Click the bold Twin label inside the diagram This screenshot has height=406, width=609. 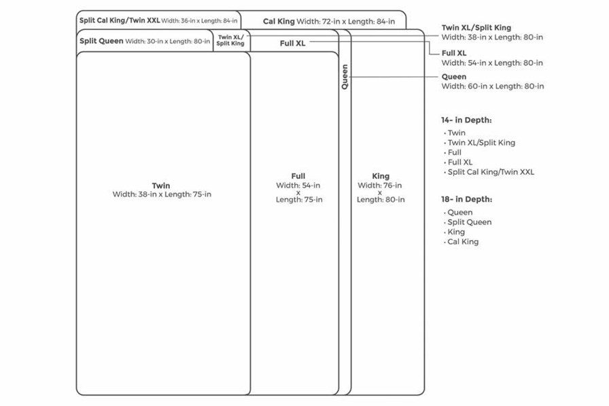(161, 186)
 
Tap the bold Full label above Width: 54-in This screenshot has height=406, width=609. (298, 176)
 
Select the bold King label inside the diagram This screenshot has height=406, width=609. (381, 176)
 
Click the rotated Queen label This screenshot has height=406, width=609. (345, 78)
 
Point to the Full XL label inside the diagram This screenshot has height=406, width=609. (292, 43)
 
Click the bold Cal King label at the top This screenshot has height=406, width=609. (279, 22)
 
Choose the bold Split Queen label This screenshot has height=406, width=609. (101, 41)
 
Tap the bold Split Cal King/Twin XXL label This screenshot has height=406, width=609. (120, 20)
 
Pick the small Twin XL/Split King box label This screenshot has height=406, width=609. (230, 40)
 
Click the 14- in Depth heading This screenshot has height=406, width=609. (466, 120)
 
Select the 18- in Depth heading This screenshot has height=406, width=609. (466, 199)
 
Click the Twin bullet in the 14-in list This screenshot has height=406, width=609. (457, 133)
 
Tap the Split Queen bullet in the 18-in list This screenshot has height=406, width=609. (469, 222)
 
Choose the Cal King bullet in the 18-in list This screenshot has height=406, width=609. (463, 241)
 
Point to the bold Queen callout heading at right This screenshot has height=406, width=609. (454, 77)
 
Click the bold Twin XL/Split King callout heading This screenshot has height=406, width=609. (476, 28)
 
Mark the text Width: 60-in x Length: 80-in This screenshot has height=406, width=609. (493, 86)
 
